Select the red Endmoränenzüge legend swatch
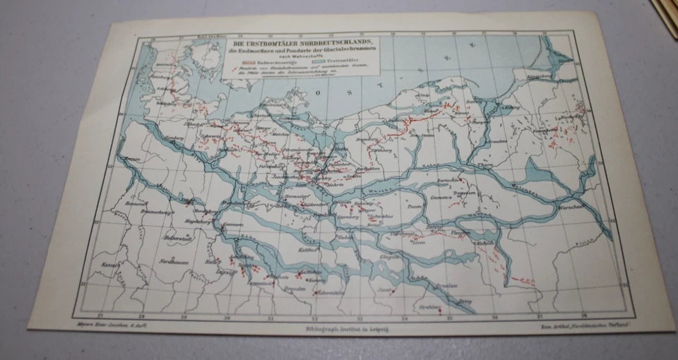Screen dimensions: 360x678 point(238,63)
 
